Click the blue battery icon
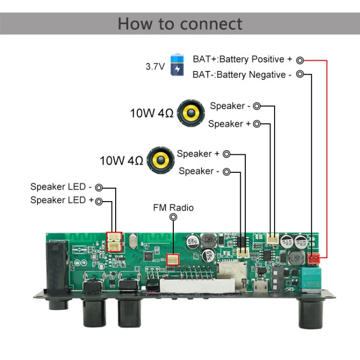point(177,65)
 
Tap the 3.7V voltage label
point(155,66)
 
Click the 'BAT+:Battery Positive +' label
point(242,59)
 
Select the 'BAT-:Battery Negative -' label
point(242,75)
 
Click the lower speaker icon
point(159,160)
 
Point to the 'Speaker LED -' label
point(61,187)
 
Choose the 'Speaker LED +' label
point(62,200)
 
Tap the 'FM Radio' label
point(173,208)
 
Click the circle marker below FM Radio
point(173,218)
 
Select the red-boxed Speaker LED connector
point(114,241)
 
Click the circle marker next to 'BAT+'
point(300,60)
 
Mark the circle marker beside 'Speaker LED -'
point(99,188)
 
